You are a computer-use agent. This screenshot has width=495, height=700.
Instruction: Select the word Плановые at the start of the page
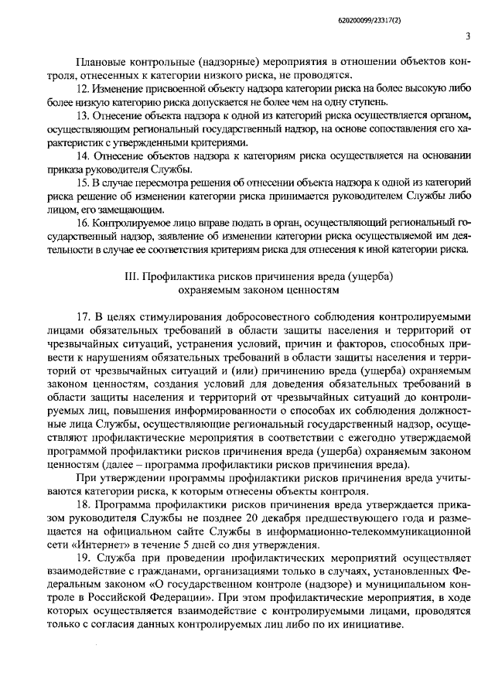pyautogui.click(x=104, y=63)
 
